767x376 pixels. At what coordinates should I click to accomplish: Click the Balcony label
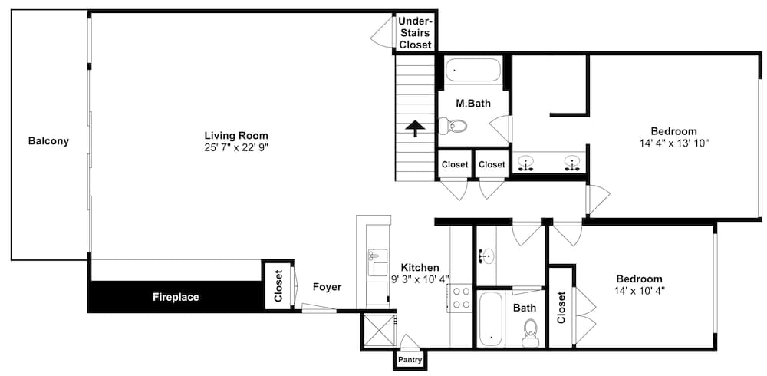pyautogui.click(x=48, y=141)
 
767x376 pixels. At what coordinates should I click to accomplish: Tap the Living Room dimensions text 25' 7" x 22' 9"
pyautogui.click(x=236, y=147)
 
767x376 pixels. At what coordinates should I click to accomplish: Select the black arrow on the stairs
pyautogui.click(x=415, y=128)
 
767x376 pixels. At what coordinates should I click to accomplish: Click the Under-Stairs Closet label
pyautogui.click(x=415, y=33)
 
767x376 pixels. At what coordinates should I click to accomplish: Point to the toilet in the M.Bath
pyautogui.click(x=453, y=126)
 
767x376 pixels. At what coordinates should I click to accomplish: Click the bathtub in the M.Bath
pyautogui.click(x=473, y=70)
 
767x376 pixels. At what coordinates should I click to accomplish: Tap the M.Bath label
pyautogui.click(x=473, y=104)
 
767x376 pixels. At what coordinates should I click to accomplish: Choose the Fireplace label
pyautogui.click(x=176, y=297)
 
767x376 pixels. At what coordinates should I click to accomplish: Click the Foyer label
pyautogui.click(x=328, y=288)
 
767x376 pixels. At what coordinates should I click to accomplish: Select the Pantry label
pyautogui.click(x=410, y=360)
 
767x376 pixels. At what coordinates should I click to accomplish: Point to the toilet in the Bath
pyautogui.click(x=530, y=333)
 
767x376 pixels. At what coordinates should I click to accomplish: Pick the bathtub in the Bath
pyautogui.click(x=490, y=318)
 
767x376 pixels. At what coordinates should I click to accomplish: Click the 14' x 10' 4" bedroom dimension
pyautogui.click(x=640, y=290)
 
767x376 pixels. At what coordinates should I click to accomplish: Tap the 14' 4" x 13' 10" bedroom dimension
pyautogui.click(x=673, y=143)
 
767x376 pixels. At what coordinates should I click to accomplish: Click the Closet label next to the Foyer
pyautogui.click(x=279, y=286)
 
